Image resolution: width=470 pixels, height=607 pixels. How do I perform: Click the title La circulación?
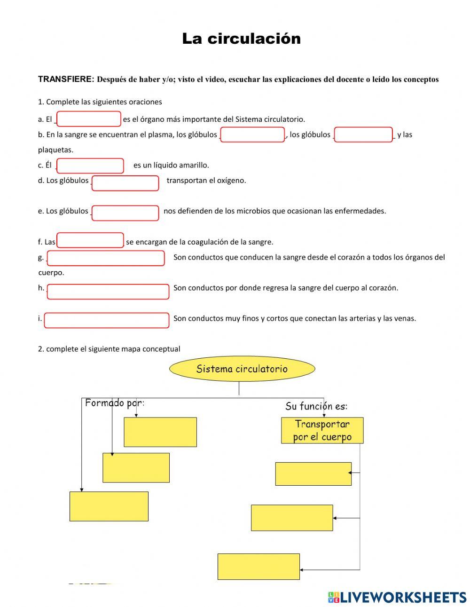(x=241, y=39)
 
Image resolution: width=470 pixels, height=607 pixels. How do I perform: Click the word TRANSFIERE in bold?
(x=66, y=79)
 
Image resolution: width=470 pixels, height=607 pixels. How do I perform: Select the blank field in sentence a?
(x=89, y=119)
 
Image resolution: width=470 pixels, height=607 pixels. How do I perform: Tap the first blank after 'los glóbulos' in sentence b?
(x=252, y=134)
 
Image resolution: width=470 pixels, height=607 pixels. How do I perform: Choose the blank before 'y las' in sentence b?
(x=363, y=134)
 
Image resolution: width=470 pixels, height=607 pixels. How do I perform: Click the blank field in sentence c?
(x=90, y=166)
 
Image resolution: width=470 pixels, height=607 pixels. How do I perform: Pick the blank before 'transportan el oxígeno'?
(x=125, y=183)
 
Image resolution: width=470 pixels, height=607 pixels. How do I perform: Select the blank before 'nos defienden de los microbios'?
(x=125, y=213)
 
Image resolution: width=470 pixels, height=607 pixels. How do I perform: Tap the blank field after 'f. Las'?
(x=90, y=240)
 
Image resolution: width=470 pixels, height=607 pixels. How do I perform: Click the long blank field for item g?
(x=106, y=258)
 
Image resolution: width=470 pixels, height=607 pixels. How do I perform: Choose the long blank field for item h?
(x=108, y=292)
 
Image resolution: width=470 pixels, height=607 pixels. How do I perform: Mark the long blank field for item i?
(x=107, y=320)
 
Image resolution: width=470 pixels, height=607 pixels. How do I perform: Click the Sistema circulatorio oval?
(x=242, y=369)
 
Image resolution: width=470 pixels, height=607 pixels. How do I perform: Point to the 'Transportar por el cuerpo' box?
(x=322, y=430)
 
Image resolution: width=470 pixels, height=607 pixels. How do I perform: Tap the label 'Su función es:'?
(x=316, y=406)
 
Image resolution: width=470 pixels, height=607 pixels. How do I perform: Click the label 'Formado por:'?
(x=114, y=403)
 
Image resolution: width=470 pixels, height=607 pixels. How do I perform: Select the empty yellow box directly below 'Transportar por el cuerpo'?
(x=313, y=473)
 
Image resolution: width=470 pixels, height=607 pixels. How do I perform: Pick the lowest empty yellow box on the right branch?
(x=258, y=566)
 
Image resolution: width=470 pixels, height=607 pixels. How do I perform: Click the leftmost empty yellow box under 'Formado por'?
(x=109, y=506)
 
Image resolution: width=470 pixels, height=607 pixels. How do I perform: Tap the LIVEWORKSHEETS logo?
(x=397, y=597)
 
